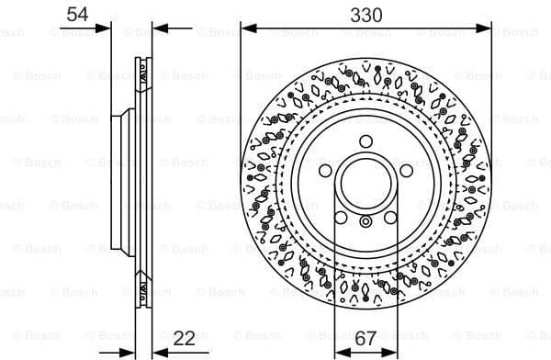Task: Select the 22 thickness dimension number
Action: coord(185,339)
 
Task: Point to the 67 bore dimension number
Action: coord(365,339)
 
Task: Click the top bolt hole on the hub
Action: coord(365,141)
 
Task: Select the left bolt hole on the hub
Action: coord(324,172)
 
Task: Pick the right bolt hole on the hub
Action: coord(407,172)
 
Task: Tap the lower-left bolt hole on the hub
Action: coord(341,218)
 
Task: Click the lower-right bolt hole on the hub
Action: coord(391,218)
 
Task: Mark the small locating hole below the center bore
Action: coord(365,221)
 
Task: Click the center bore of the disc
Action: coord(365,181)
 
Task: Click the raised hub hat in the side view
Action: coord(117,181)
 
